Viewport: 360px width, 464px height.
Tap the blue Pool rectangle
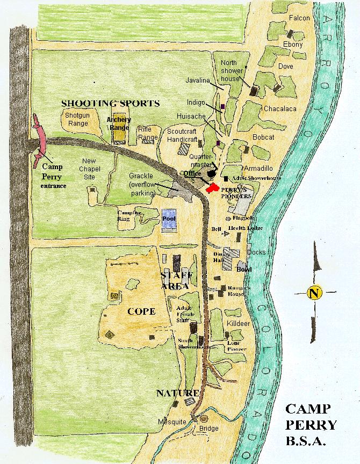click(x=169, y=220)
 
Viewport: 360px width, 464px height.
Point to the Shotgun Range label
click(x=77, y=119)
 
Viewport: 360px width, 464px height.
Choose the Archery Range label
click(x=119, y=124)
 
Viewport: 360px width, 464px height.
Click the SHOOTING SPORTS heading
click(x=110, y=103)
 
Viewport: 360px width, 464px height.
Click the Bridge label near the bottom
click(x=208, y=428)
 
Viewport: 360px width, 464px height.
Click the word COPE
click(x=141, y=311)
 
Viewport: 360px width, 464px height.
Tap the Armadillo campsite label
click(x=260, y=168)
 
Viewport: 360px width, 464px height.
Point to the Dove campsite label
click(x=285, y=67)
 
